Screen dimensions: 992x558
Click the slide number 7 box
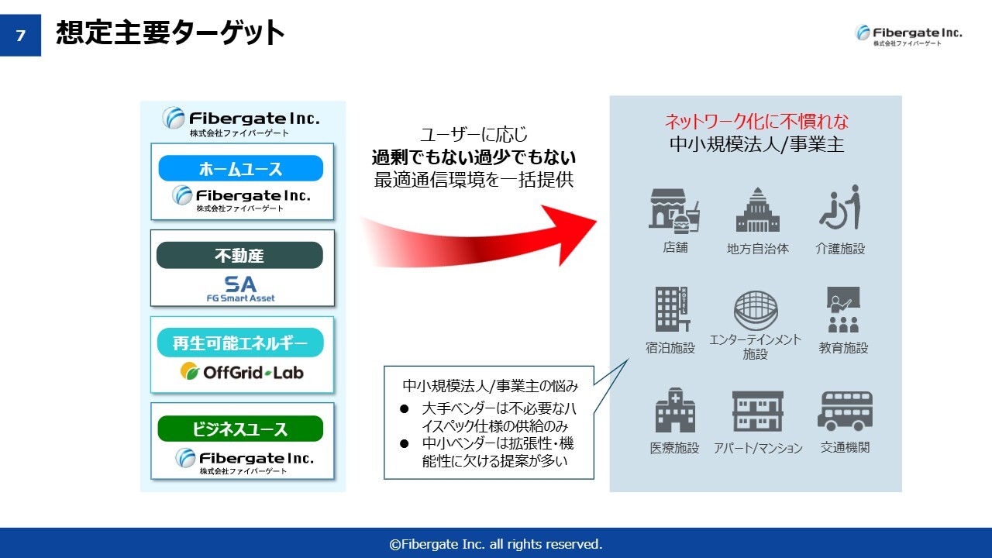click(x=20, y=35)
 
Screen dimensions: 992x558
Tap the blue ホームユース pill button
click(x=240, y=168)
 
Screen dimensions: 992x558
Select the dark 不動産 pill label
click(x=239, y=255)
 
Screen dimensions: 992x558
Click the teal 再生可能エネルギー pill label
click(x=240, y=343)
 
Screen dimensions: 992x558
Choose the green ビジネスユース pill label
click(x=240, y=429)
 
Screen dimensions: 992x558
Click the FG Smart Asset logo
click(x=240, y=289)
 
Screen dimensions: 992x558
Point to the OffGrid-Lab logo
click(x=242, y=372)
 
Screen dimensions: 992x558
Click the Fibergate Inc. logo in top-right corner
click(x=908, y=35)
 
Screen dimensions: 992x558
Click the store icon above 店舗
click(x=674, y=211)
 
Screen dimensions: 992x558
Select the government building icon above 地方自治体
click(x=758, y=209)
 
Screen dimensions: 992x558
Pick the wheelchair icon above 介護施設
click(x=840, y=207)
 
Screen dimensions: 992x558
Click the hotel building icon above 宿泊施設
click(x=672, y=309)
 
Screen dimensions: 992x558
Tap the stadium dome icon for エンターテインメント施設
click(x=756, y=310)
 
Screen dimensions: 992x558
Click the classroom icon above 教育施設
click(x=843, y=309)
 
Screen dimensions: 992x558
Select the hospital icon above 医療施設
click(x=675, y=410)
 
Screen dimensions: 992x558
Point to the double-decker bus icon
click(x=845, y=411)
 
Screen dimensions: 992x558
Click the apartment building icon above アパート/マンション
click(x=758, y=411)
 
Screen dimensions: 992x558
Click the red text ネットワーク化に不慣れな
click(x=756, y=122)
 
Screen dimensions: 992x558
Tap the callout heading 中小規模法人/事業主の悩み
click(x=491, y=386)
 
